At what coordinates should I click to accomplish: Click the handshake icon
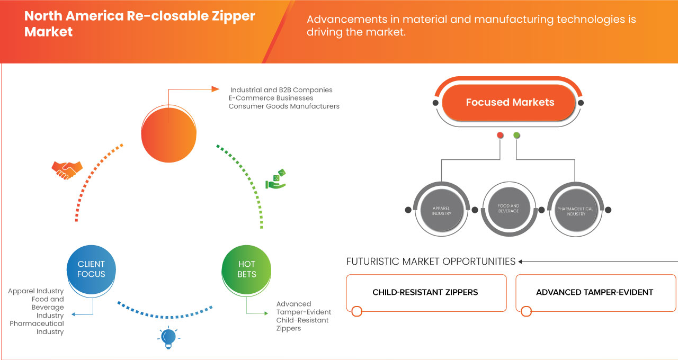67,169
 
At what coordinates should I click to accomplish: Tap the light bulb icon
168,337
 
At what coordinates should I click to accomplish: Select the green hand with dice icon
275,179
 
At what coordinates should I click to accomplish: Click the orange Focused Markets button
509,102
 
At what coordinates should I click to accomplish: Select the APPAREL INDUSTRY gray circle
441,210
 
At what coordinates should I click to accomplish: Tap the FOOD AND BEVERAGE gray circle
508,208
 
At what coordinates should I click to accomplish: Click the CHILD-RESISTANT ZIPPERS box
425,292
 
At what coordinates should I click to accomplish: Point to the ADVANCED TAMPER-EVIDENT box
595,292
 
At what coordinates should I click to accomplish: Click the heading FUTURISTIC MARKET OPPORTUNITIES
431,262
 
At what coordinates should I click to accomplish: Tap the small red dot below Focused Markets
500,136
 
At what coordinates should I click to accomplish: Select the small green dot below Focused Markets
516,136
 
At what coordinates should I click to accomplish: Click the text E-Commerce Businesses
271,98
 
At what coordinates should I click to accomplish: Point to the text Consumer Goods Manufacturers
284,106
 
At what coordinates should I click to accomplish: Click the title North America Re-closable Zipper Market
140,23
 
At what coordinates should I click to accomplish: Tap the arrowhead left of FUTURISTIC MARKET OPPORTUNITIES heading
521,262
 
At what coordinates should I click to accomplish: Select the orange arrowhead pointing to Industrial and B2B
215,89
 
